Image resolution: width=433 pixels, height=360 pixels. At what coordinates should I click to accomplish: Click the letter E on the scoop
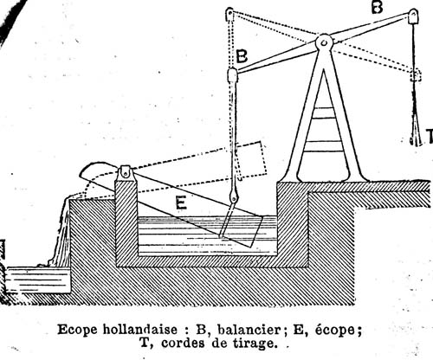(x=181, y=202)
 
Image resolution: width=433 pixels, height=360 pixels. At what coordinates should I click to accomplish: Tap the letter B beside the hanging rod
(x=242, y=56)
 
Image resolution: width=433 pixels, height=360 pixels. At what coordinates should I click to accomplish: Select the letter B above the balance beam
(x=377, y=7)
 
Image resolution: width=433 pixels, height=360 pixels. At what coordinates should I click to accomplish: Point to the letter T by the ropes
(x=430, y=136)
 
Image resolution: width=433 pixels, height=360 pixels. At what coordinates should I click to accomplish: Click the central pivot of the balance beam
(x=324, y=42)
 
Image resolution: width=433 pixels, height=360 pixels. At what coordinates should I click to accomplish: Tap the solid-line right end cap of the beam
(x=413, y=16)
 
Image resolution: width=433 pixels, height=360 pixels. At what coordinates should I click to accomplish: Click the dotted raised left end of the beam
(x=229, y=15)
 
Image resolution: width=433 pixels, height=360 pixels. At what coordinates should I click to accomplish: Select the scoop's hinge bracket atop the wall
(x=126, y=173)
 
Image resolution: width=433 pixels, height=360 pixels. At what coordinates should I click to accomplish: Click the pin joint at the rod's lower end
(x=233, y=198)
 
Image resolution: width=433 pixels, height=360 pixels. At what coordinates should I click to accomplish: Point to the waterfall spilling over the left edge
(x=62, y=231)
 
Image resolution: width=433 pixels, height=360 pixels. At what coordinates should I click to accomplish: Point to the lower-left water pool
(x=38, y=280)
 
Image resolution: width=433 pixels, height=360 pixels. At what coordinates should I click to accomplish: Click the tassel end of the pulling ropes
(x=415, y=132)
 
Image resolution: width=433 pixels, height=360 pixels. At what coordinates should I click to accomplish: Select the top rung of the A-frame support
(x=324, y=112)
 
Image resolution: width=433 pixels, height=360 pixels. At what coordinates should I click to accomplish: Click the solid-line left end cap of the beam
(x=232, y=75)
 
